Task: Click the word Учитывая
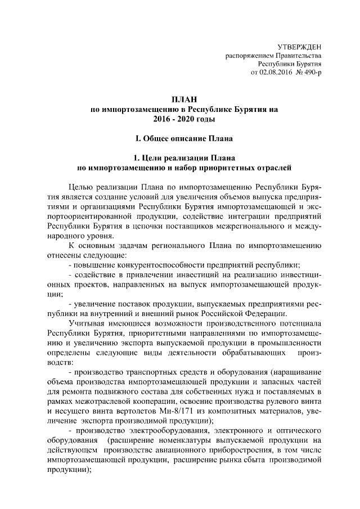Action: tap(86, 325)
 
